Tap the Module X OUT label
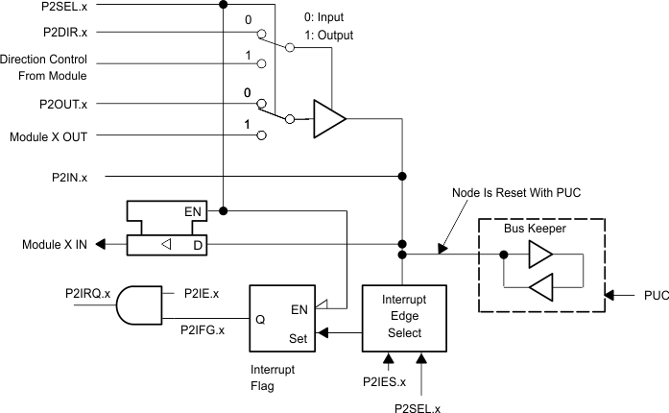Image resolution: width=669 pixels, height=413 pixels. click(48, 136)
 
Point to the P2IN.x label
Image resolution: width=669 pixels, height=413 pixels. click(69, 178)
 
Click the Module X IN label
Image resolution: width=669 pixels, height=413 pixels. click(55, 244)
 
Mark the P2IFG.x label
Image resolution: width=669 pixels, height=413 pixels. click(203, 330)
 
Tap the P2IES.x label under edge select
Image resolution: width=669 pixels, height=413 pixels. click(384, 381)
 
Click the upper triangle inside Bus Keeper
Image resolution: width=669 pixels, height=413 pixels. click(539, 255)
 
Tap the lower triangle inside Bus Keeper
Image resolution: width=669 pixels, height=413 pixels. click(539, 287)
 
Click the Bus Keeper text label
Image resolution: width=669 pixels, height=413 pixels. click(535, 231)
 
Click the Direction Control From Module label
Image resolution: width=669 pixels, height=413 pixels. click(44, 66)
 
